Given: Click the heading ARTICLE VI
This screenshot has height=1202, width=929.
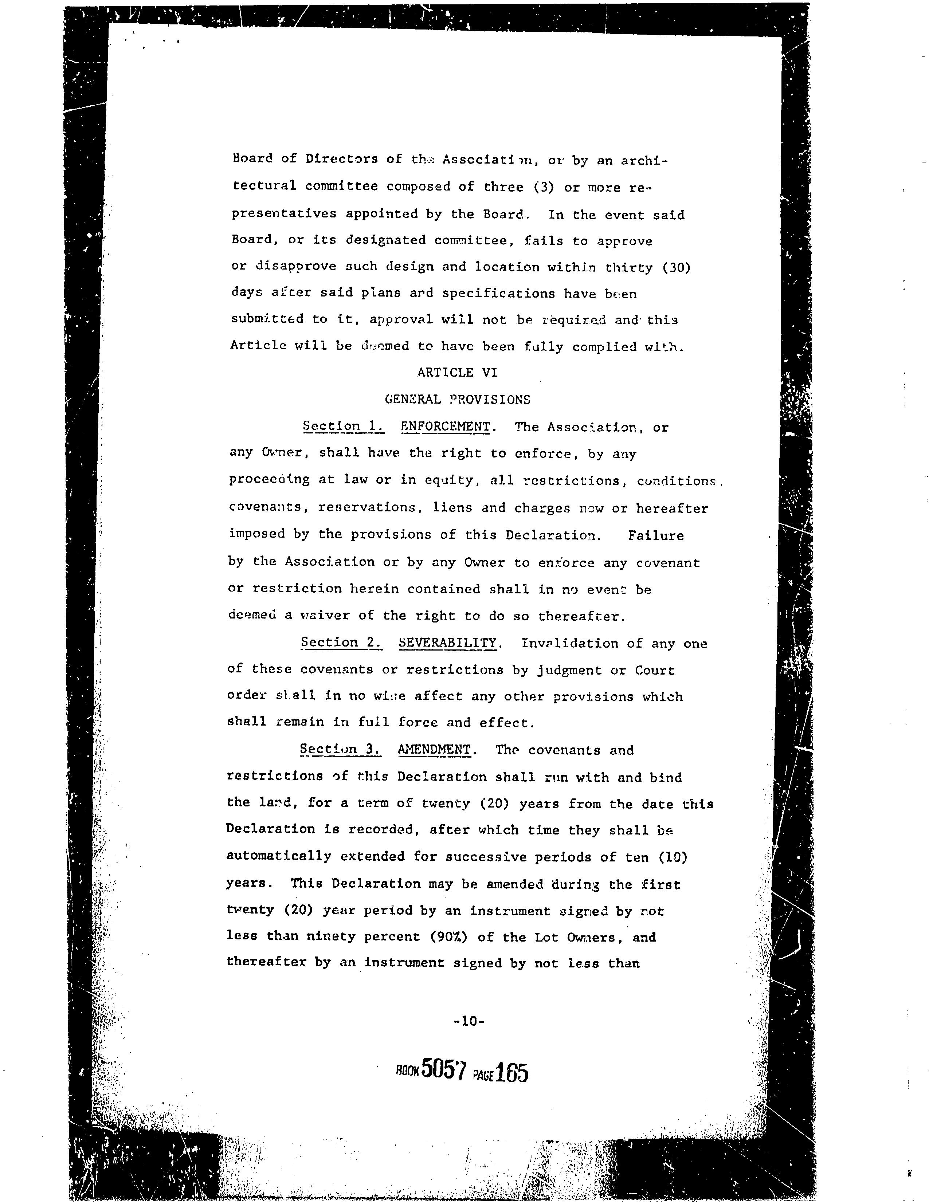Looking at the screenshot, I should point(457,373).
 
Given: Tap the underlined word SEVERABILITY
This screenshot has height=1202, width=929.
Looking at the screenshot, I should point(447,643).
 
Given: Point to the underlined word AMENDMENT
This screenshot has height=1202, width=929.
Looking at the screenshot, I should point(434,750).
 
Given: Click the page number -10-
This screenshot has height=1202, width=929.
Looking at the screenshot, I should point(469,1021).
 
